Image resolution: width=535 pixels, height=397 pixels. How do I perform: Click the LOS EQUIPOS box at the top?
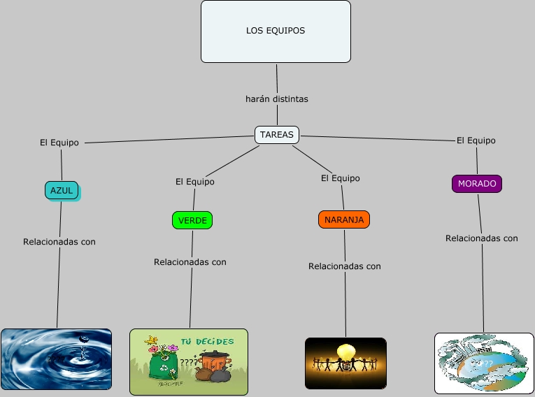coord(276,31)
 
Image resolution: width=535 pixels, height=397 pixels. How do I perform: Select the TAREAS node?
coord(277,134)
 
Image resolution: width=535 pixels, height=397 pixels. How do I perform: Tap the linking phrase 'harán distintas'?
coord(277,99)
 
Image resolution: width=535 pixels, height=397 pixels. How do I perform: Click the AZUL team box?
coord(62,190)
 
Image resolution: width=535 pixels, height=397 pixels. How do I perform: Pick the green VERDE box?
coord(192,220)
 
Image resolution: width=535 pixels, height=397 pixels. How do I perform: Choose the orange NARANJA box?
coord(343,219)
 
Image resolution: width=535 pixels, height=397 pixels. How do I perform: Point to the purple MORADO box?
coord(477,184)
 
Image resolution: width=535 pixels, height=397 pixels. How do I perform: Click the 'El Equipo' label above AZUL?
coord(59,143)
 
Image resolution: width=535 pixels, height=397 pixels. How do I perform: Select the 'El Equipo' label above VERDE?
coord(195,182)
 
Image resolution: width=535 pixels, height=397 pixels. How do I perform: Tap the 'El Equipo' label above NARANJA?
coord(341,178)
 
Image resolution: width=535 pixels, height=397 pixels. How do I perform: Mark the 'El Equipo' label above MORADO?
coord(476,140)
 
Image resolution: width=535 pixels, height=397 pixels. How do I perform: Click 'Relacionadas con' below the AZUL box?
coord(59,242)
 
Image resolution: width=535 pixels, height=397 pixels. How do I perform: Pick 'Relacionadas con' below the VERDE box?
coord(190,262)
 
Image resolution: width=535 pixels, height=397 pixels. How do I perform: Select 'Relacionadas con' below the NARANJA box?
coord(345,266)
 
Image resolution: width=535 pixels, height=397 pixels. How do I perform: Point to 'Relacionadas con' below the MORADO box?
coord(482,238)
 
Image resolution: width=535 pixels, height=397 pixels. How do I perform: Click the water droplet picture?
coord(56,359)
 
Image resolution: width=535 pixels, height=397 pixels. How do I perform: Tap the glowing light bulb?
coord(345,351)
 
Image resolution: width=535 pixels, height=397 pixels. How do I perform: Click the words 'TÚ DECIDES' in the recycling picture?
coord(208,341)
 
